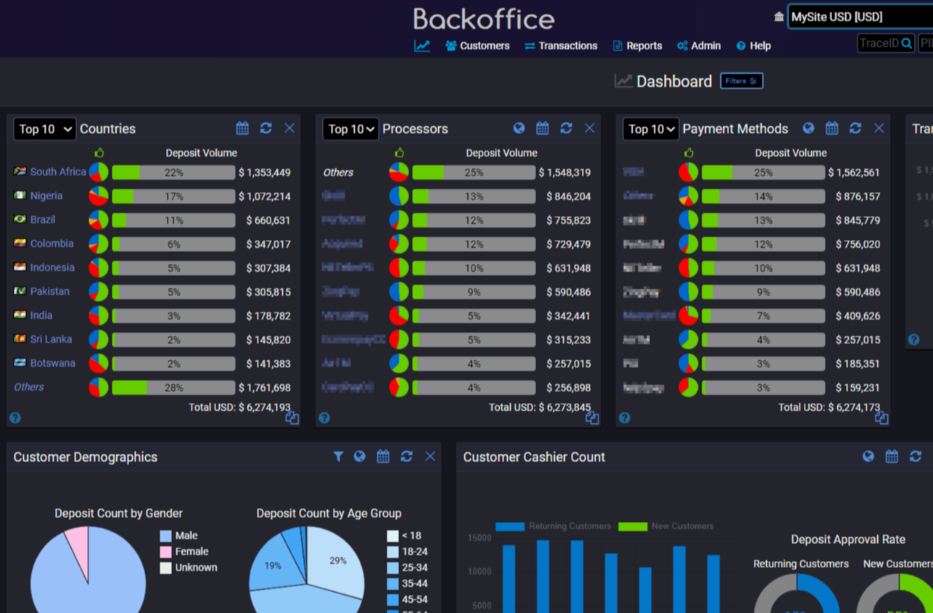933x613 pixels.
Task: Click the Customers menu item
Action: pyautogui.click(x=477, y=46)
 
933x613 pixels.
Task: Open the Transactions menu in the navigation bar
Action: pyautogui.click(x=561, y=46)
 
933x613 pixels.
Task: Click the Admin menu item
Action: pyautogui.click(x=699, y=46)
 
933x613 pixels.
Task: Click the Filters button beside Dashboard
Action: pyautogui.click(x=741, y=81)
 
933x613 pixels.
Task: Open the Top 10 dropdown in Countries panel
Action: pyautogui.click(x=44, y=129)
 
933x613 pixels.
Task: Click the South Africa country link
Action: pyautogui.click(x=58, y=172)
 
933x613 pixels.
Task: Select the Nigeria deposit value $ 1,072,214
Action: pyautogui.click(x=264, y=196)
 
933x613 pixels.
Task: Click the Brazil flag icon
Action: pyautogui.click(x=20, y=220)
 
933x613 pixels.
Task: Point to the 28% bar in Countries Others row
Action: pyautogui.click(x=173, y=388)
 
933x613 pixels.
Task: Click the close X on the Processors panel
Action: pyautogui.click(x=589, y=128)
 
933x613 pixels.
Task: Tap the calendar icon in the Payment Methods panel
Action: pyautogui.click(x=831, y=128)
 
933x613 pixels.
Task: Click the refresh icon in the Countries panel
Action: pyautogui.click(x=266, y=128)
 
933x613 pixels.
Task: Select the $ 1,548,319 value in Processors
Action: pyautogui.click(x=564, y=172)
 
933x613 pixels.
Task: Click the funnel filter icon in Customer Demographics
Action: pyautogui.click(x=338, y=456)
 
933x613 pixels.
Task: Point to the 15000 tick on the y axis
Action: pyautogui.click(x=479, y=538)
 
